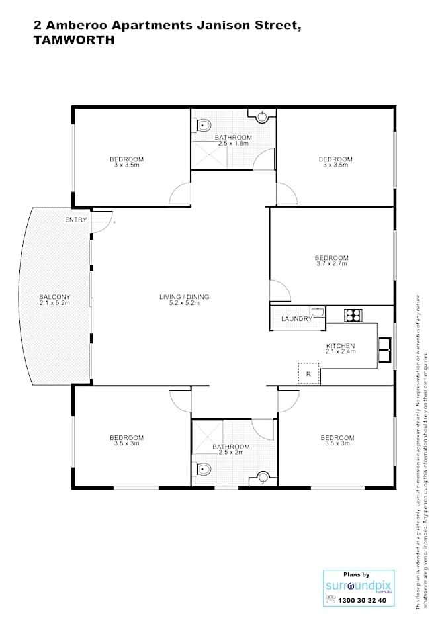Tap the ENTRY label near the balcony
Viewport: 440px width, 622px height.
coord(75,220)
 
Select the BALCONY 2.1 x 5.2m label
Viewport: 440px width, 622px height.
coord(54,300)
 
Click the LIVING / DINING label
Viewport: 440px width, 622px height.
coord(184,300)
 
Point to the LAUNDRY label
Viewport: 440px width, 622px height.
coord(296,319)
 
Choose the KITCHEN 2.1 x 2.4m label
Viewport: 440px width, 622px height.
coord(341,349)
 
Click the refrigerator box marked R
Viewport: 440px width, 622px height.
coord(308,374)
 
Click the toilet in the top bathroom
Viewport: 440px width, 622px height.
coord(204,124)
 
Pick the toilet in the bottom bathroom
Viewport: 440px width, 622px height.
coord(203,470)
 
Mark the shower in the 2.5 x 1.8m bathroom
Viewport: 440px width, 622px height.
coord(206,156)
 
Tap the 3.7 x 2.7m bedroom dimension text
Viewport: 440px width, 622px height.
coord(331,264)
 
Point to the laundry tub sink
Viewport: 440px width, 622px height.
coord(318,312)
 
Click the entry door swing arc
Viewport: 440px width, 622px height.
coord(103,223)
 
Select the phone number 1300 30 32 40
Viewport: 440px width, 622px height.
coord(362,600)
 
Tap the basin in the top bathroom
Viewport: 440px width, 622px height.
coord(263,116)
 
